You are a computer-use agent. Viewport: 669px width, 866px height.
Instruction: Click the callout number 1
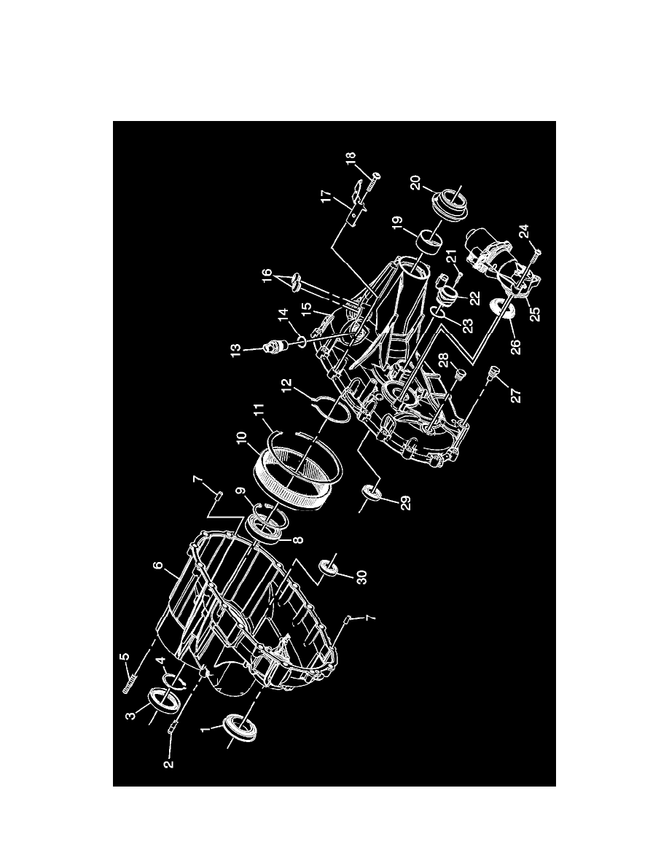tap(205, 730)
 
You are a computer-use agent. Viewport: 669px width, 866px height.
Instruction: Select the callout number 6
tap(158, 567)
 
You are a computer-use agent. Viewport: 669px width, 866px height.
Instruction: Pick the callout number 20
tap(415, 183)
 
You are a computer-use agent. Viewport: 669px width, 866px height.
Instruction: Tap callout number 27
tap(517, 395)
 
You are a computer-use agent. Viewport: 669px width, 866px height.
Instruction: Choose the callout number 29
tap(406, 503)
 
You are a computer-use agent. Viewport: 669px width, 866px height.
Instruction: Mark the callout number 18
tap(351, 160)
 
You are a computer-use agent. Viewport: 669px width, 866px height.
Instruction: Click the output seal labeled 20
tap(450, 204)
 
